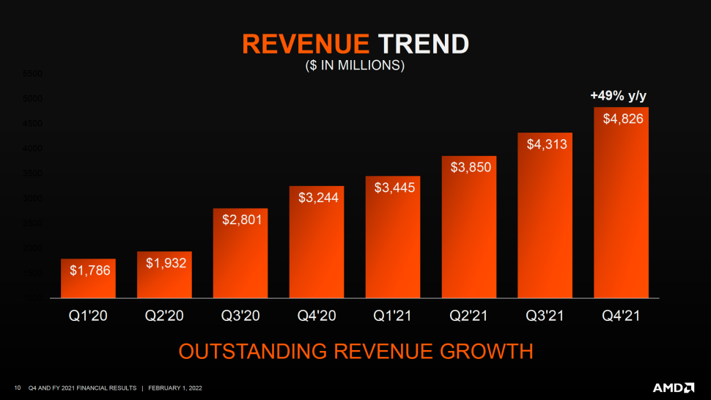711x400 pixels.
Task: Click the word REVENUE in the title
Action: pyautogui.click(x=306, y=44)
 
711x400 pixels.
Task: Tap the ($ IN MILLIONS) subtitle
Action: pyautogui.click(x=355, y=65)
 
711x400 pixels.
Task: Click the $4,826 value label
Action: pyautogui.click(x=623, y=119)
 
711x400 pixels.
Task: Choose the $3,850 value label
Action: pyautogui.click(x=470, y=167)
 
